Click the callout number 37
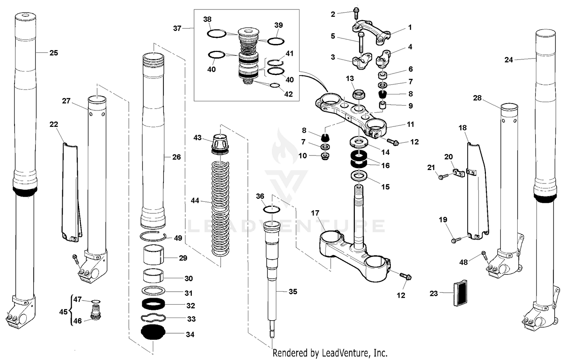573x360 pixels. point(177,28)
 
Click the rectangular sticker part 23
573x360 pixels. point(460,293)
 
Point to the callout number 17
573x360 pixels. point(315,213)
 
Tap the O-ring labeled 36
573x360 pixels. point(272,209)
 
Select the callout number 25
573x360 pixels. point(53,53)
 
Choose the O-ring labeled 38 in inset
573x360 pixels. point(217,34)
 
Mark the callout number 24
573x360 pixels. point(508,60)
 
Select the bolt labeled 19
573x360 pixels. point(454,240)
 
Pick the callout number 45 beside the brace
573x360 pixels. point(63,312)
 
